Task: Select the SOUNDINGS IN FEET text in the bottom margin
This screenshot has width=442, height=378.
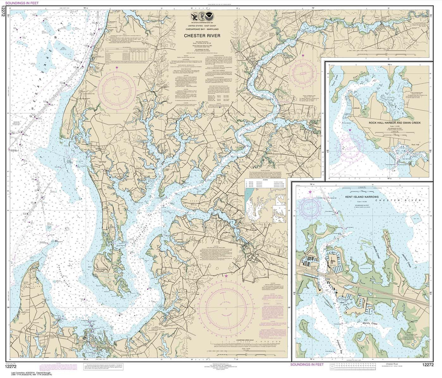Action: pos(307,364)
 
